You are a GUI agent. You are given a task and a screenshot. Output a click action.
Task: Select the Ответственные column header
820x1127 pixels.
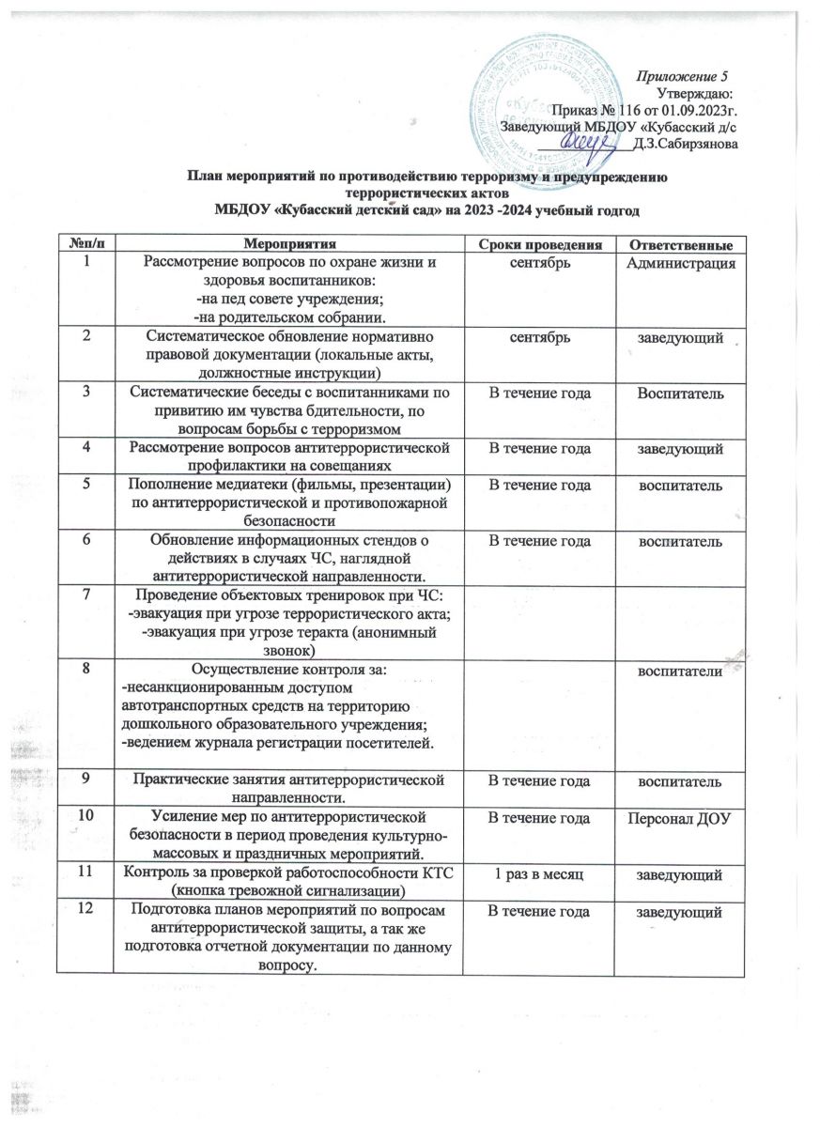tap(680, 244)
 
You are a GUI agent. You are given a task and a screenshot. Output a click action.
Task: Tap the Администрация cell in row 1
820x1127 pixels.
tap(680, 261)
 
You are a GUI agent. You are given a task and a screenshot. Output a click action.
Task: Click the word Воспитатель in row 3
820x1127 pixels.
tap(680, 392)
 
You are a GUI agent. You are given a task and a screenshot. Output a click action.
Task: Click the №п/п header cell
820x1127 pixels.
tap(85, 244)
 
